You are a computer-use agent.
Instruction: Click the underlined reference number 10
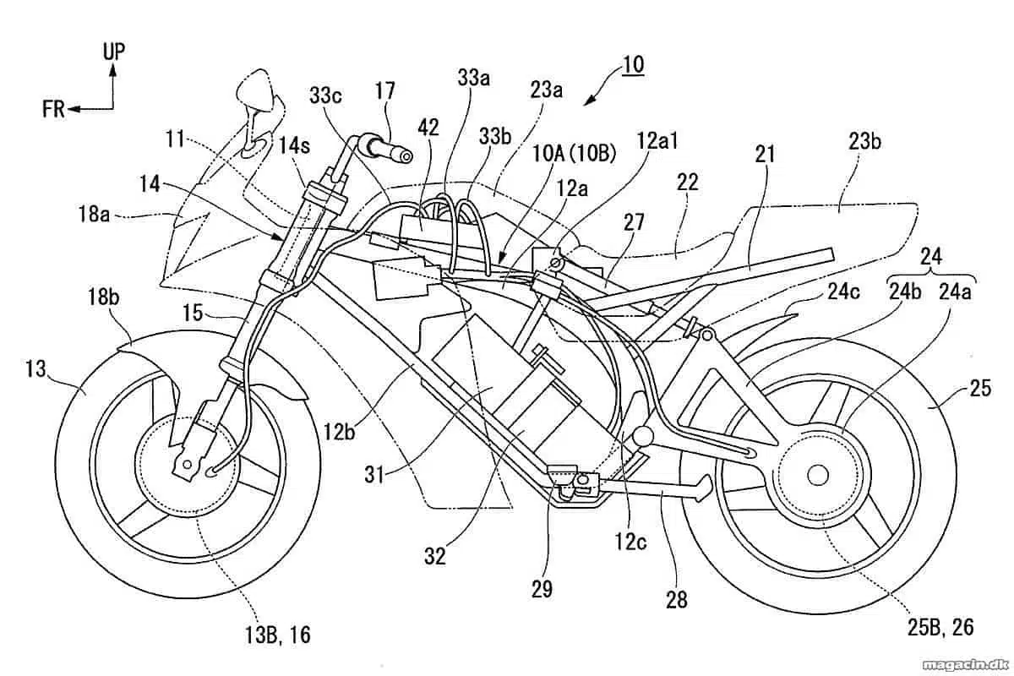633,65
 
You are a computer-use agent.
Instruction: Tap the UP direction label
113,52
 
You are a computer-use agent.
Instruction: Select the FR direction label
53,109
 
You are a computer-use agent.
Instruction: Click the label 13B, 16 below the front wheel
277,635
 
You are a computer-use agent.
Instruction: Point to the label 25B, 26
940,627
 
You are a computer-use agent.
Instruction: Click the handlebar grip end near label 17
406,156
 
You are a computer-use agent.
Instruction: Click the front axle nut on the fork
187,464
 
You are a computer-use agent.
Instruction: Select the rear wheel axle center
818,475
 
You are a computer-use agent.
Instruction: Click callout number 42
428,128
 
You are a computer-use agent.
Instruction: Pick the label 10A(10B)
574,154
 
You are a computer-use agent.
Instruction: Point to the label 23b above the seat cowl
864,142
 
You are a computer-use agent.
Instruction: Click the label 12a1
657,141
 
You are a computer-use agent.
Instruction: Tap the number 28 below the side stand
676,599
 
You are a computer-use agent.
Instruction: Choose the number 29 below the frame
542,589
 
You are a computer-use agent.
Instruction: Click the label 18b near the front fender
104,297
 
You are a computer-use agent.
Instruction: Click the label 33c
325,95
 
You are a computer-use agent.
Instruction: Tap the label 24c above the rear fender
843,292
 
